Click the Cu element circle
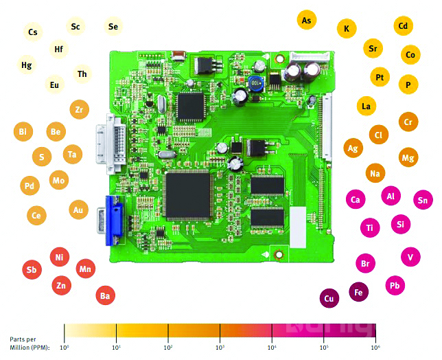pyautogui.click(x=329, y=298)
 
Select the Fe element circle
pyautogui.click(x=358, y=292)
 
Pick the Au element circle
pyautogui.click(x=79, y=210)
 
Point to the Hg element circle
pyautogui.click(x=27, y=65)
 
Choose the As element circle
pyautogui.click(x=307, y=20)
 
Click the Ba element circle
pyautogui.click(x=105, y=296)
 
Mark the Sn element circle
pyautogui.click(x=423, y=200)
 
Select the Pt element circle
pyautogui.click(x=380, y=77)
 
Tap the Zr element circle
pyautogui.click(x=79, y=109)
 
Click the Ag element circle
pyautogui.click(x=353, y=148)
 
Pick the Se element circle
pyautogui.click(x=113, y=27)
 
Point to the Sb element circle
pyautogui.click(x=31, y=269)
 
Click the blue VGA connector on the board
pyautogui.click(x=113, y=220)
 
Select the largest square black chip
pyautogui.click(x=187, y=192)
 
